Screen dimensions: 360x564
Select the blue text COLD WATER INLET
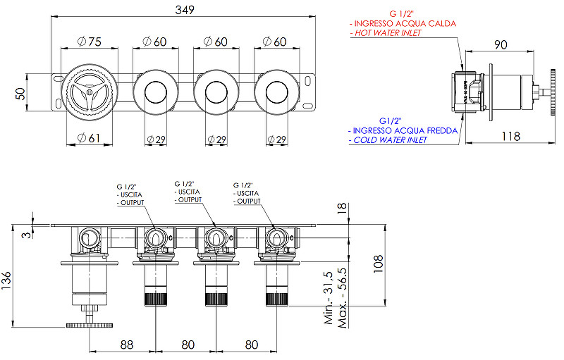[x=389, y=140]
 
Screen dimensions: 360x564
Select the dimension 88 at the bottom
[x=127, y=345]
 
